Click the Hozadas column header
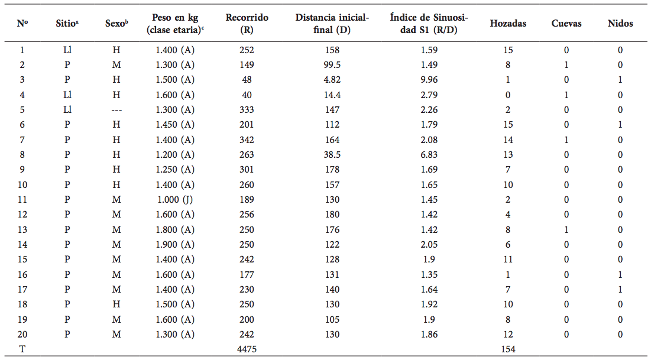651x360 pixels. coord(508,24)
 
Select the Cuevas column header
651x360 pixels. coord(566,24)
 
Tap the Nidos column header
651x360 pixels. coord(620,24)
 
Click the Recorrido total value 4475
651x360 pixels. coord(247,349)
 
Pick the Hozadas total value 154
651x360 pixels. coord(508,349)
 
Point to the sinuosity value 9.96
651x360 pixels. coord(429,80)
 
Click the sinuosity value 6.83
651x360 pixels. coord(429,155)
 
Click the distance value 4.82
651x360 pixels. coord(332,80)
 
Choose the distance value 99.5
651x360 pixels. coord(332,65)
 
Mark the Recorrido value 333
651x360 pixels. coord(247,110)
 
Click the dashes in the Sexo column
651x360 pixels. coord(117,110)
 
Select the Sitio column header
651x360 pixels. coord(68,24)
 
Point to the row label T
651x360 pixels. coord(22,349)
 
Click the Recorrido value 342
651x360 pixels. coord(247,140)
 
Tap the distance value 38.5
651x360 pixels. coord(332,155)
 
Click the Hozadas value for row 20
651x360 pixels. coord(508,335)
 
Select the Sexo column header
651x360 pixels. coord(118,24)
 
